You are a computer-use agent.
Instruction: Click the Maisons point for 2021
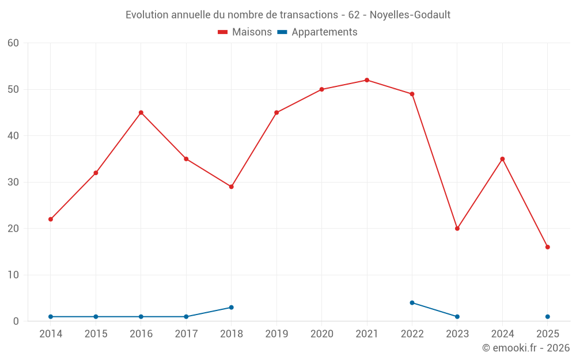pyautogui.click(x=367, y=80)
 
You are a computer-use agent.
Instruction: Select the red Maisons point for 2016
pyautogui.click(x=141, y=112)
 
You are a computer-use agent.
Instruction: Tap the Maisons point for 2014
pyautogui.click(x=51, y=219)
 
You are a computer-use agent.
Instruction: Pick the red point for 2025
pyautogui.click(x=548, y=247)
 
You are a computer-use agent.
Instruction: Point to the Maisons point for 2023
pyautogui.click(x=457, y=229)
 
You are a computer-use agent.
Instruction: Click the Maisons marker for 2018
pyautogui.click(x=232, y=187)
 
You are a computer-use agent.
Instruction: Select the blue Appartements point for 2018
pyautogui.click(x=232, y=308)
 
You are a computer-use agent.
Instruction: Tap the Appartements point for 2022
pyautogui.click(x=412, y=302)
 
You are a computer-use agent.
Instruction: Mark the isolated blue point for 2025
pyautogui.click(x=548, y=317)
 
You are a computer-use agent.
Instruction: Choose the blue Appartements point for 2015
pyautogui.click(x=96, y=317)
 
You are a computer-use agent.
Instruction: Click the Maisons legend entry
pyautogui.click(x=245, y=32)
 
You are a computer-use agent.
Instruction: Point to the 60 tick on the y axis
pyautogui.click(x=13, y=43)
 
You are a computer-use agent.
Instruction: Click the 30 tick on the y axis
pyautogui.click(x=13, y=183)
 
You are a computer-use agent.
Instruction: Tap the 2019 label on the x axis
pyautogui.click(x=276, y=334)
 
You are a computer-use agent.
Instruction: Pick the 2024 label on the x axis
pyautogui.click(x=502, y=334)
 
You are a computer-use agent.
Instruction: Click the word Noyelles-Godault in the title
pyautogui.click(x=410, y=14)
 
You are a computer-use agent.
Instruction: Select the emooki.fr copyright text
pyautogui.click(x=526, y=348)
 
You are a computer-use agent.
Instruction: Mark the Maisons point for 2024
pyautogui.click(x=502, y=159)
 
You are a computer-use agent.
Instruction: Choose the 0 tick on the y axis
pyautogui.click(x=16, y=321)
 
